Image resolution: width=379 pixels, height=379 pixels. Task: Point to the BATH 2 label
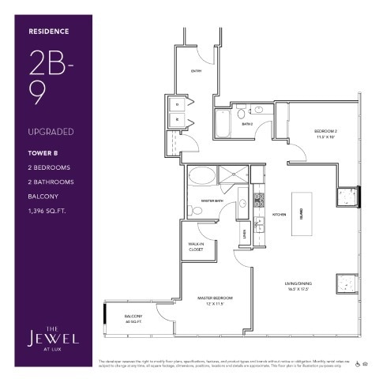click(247, 124)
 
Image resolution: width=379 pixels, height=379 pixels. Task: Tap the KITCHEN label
click(279, 214)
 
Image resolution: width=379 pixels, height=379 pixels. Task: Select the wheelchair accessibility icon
click(358, 364)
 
